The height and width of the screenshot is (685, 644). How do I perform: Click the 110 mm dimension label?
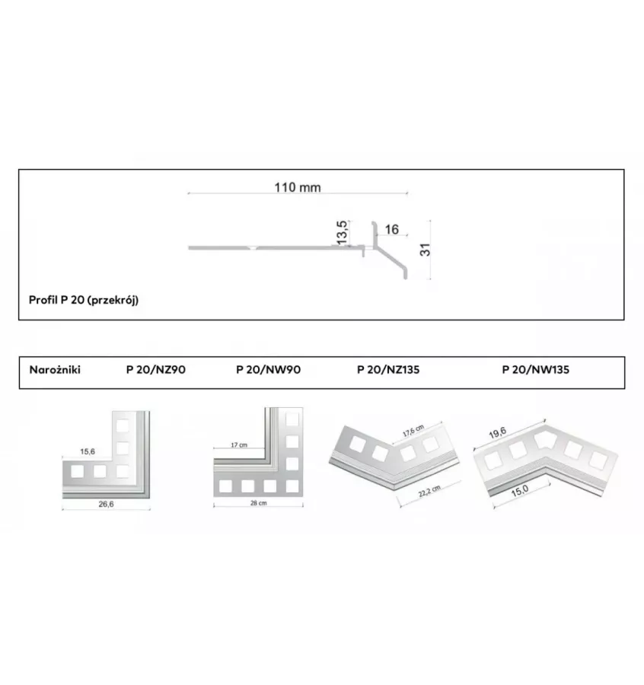298,187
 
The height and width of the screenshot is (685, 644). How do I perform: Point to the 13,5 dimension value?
342,232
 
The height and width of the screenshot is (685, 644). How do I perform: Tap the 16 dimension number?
392,229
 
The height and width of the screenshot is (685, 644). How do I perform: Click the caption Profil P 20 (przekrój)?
84,300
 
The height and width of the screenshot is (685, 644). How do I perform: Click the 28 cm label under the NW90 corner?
259,503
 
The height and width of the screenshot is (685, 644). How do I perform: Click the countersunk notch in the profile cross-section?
252,247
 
